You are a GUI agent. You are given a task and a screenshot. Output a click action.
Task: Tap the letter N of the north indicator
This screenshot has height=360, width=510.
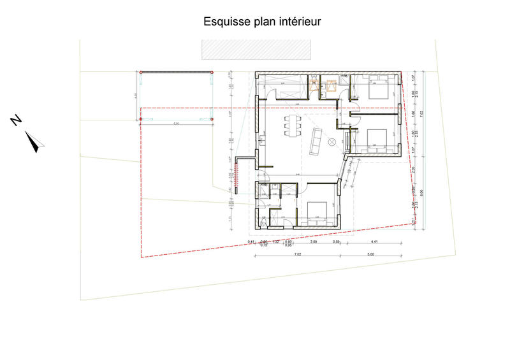tap(17, 120)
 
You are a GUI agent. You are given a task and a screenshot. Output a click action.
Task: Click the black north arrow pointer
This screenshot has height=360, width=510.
tap(36, 141)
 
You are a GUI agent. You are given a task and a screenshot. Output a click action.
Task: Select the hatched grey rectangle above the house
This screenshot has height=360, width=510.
tap(256, 49)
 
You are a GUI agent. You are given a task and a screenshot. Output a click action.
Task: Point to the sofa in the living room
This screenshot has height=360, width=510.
tap(316, 141)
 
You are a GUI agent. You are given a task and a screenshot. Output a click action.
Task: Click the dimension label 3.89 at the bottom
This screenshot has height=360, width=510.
tap(314, 242)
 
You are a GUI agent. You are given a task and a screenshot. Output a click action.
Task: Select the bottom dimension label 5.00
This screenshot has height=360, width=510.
tap(371, 254)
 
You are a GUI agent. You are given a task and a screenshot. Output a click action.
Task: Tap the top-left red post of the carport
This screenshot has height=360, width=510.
tap(140, 73)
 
